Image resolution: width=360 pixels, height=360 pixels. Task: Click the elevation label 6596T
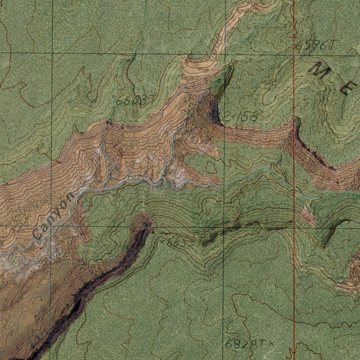[x=316, y=45]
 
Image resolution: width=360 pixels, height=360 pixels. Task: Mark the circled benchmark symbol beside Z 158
[x=213, y=114]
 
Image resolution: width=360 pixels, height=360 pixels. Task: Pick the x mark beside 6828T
[x=271, y=342]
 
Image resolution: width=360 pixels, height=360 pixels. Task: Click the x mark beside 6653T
[x=162, y=242]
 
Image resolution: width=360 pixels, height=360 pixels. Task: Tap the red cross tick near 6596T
[x=294, y=36]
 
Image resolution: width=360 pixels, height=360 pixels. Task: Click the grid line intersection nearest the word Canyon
[x=51, y=226]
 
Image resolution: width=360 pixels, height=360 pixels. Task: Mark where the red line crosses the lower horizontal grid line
[x=294, y=227]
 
